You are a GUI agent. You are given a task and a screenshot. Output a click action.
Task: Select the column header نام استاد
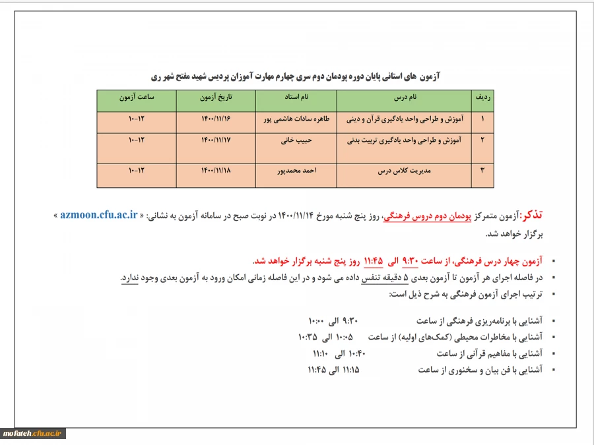(x=296, y=98)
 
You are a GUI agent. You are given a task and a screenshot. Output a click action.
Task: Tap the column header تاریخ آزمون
(x=217, y=98)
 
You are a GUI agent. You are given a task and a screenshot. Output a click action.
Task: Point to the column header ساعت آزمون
(x=137, y=98)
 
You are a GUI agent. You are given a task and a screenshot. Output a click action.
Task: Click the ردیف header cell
(x=482, y=98)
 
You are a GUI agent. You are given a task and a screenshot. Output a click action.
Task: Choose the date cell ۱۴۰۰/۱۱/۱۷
(x=217, y=140)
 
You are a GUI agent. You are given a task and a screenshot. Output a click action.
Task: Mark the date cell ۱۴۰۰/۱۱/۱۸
(x=217, y=170)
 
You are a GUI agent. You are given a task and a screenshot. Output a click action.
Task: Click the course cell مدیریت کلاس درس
(x=403, y=170)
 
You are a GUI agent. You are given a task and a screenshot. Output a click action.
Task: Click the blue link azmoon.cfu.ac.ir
(x=98, y=215)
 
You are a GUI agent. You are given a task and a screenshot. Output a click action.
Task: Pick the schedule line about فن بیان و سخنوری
(x=424, y=370)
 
